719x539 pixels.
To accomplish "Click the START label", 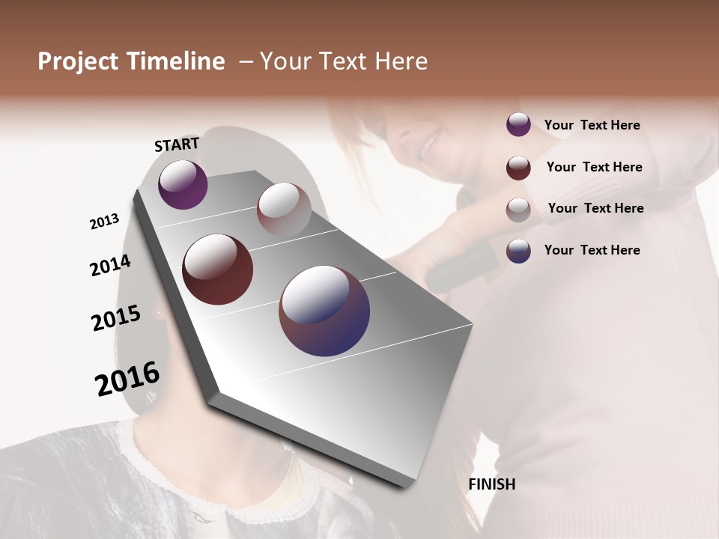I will click(x=177, y=144).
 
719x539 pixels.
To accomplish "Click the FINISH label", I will click(x=491, y=484).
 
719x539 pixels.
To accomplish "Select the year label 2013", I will click(x=105, y=222).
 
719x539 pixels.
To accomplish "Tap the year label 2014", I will click(x=110, y=265).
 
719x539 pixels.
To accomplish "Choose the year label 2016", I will click(x=127, y=379).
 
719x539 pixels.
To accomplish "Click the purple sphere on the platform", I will click(x=183, y=184).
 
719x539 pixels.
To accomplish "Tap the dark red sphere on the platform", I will click(x=217, y=269).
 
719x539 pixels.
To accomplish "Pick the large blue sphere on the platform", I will click(x=324, y=311).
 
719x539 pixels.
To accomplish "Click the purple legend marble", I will click(x=518, y=125).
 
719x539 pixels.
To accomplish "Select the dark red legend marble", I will click(x=518, y=167).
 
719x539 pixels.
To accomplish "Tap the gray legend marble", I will click(x=518, y=209).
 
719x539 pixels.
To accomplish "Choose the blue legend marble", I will click(x=518, y=251).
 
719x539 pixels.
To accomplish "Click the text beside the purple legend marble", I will click(x=592, y=126).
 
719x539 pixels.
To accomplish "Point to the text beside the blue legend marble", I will click(x=592, y=250).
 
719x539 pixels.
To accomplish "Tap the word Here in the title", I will click(x=400, y=61).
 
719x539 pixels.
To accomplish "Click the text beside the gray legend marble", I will click(x=595, y=208).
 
